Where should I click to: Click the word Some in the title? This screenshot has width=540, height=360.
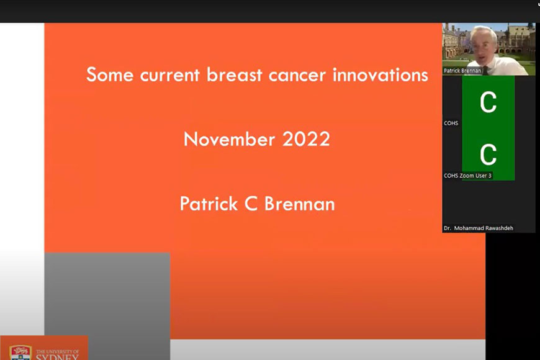[110, 74]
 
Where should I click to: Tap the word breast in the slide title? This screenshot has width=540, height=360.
[235, 74]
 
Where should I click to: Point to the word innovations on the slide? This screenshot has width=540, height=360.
[380, 74]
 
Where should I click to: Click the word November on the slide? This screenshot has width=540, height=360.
[230, 139]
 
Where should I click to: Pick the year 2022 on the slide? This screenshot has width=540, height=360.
[306, 139]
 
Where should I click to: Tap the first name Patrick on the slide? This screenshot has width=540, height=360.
[209, 204]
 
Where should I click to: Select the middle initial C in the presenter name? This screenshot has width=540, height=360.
[251, 204]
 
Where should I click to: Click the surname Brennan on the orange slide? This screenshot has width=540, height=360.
[300, 204]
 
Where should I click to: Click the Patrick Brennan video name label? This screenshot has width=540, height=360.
[462, 71]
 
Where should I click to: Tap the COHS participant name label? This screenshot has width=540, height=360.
[451, 123]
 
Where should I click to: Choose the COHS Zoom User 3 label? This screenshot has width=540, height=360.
[467, 176]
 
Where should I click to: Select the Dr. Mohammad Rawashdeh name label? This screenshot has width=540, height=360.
[479, 228]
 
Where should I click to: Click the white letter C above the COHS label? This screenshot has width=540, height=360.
[488, 102]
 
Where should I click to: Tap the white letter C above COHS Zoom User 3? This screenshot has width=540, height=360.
[488, 155]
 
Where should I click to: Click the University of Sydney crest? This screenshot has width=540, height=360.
[20, 353]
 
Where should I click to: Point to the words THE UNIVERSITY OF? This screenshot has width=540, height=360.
[58, 352]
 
